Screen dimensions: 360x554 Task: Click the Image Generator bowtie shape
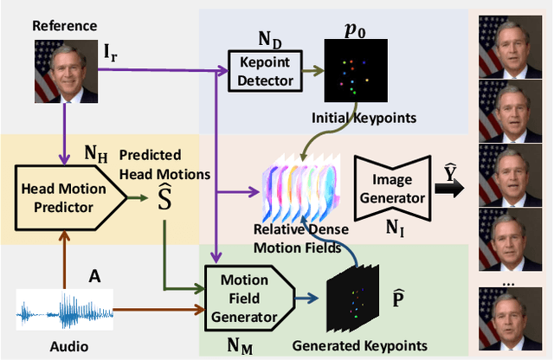392,186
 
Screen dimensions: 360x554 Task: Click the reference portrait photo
65,71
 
